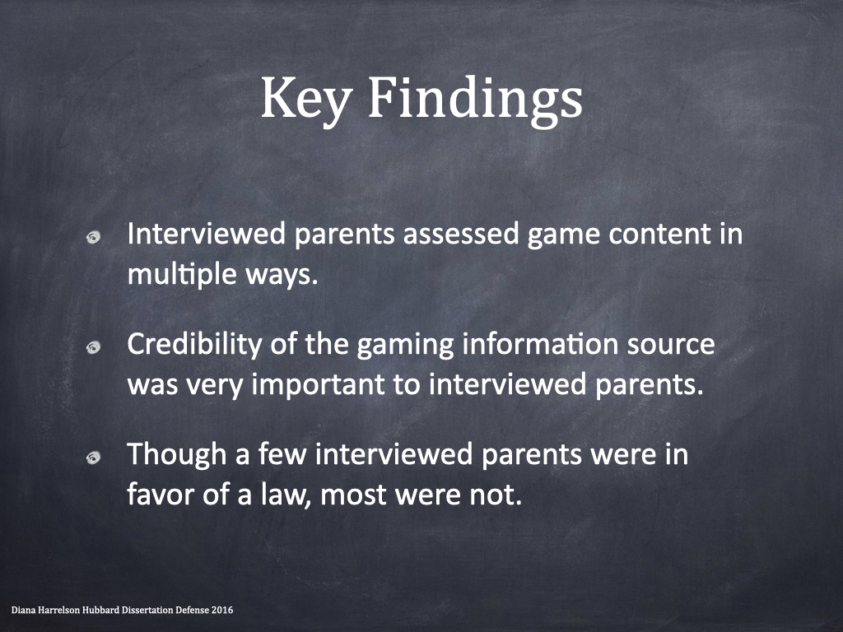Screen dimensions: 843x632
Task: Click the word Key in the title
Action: (306, 100)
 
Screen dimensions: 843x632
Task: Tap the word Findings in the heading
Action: (475, 100)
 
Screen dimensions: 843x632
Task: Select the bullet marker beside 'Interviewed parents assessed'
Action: (94, 238)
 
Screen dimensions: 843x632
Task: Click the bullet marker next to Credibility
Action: (94, 348)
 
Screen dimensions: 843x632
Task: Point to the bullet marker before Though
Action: (94, 458)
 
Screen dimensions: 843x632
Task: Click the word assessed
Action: (461, 235)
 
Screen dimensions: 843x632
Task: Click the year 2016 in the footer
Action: (222, 611)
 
